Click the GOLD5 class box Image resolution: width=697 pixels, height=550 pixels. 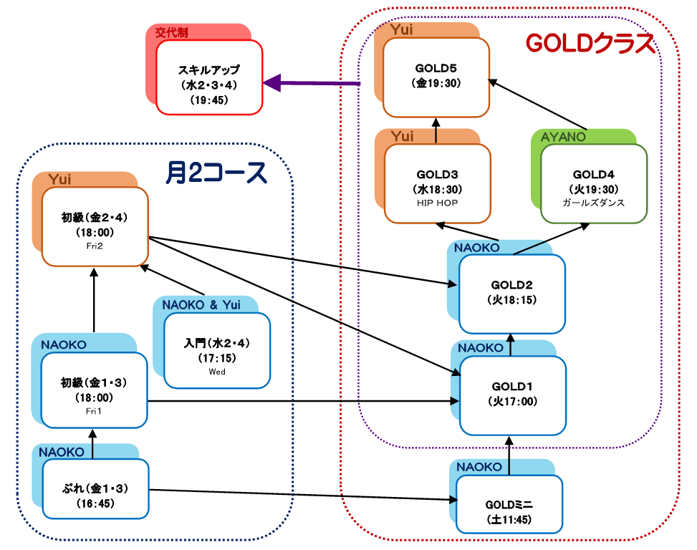pos(436,77)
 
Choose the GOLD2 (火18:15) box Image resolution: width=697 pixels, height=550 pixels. pos(512,294)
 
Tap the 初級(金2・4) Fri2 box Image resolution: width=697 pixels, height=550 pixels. pos(95,226)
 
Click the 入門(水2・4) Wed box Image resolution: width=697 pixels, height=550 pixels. pos(216,351)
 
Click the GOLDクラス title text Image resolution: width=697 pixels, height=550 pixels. pos(590,44)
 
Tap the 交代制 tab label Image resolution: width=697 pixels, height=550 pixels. pos(172,32)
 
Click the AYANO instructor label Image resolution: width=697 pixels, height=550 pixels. pos(563,137)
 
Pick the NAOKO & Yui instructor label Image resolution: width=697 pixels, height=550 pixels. pos(202,305)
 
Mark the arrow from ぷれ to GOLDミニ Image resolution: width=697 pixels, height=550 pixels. pos(301,496)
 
